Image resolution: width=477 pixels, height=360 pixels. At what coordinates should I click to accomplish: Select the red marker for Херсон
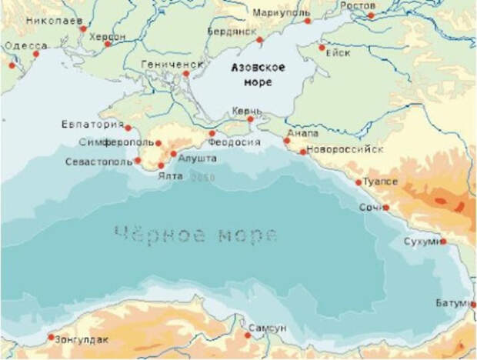coord(108,44)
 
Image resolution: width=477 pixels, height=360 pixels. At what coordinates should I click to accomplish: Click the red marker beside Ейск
coord(322,48)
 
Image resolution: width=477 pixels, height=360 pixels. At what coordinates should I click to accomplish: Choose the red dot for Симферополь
coord(158,143)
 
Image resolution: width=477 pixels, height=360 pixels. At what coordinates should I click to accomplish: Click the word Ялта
coord(172,176)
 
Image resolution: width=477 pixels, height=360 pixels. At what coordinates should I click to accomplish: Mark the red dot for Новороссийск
coord(303,152)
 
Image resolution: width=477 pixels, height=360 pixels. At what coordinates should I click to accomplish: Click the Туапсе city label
coord(381,181)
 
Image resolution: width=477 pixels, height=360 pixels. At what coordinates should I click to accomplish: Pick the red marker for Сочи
coord(386,207)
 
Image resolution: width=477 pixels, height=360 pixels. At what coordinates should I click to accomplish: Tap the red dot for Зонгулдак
coord(51,337)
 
